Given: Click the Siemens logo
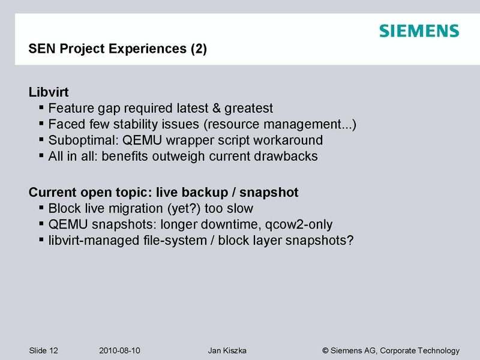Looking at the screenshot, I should click(x=419, y=31).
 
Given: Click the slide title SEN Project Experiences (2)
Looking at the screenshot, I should click(x=118, y=49).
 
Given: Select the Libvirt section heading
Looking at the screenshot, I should click(x=49, y=92).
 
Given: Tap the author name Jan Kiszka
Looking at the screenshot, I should click(x=227, y=350).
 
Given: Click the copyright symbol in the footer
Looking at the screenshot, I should click(x=325, y=350).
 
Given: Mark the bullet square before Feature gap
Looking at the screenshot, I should click(x=41, y=108).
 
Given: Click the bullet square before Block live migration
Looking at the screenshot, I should click(x=41, y=208).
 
